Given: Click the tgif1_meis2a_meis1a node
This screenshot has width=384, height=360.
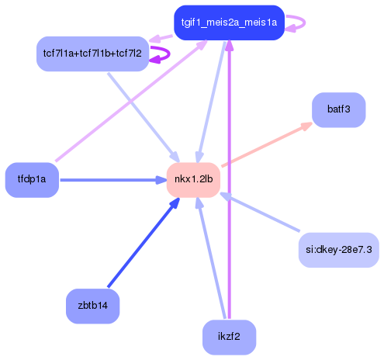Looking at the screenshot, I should point(228,22).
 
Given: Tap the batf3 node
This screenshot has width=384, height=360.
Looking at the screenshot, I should point(338,109).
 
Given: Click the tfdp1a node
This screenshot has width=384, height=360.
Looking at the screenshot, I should point(32,180).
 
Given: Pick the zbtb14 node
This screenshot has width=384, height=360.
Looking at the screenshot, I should point(92,305).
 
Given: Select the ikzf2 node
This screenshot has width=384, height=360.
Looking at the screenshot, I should point(230,338).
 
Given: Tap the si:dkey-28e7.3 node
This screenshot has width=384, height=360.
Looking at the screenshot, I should point(338,249).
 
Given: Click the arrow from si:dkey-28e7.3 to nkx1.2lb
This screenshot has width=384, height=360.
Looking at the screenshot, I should point(260,213).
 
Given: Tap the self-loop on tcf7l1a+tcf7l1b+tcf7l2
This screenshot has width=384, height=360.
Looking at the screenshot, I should point(161,54).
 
